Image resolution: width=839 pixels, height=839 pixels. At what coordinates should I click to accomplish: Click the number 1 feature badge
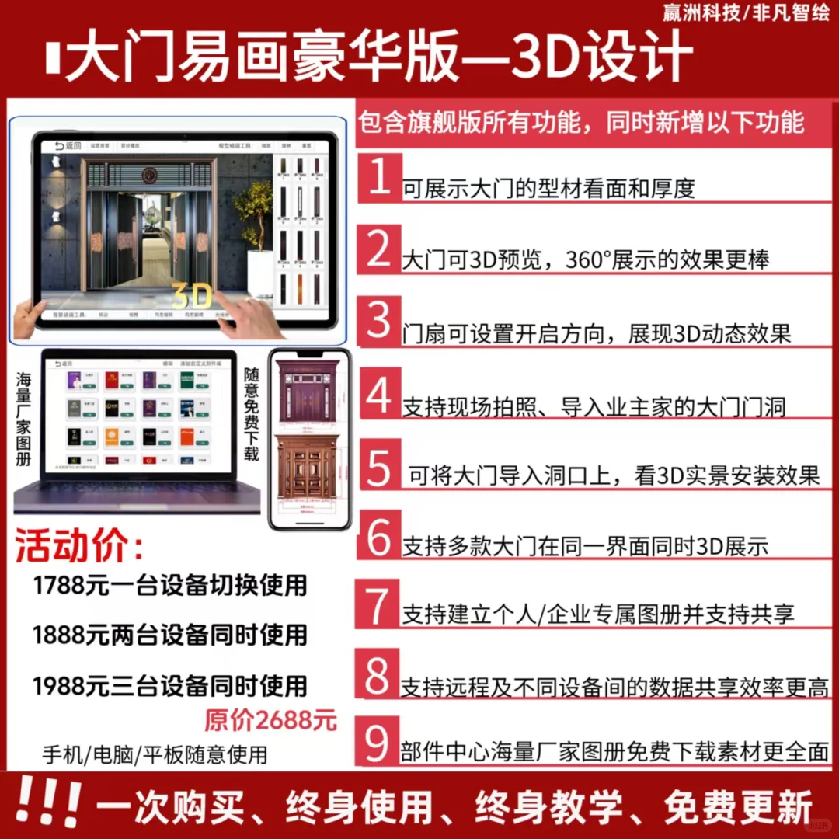(379, 179)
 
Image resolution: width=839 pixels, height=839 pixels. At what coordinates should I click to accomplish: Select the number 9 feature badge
(378, 743)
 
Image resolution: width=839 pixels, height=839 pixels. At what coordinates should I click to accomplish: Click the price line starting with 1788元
(170, 585)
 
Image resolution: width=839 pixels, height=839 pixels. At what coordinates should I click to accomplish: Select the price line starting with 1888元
(170, 635)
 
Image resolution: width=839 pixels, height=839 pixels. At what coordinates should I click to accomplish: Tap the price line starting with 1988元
(170, 686)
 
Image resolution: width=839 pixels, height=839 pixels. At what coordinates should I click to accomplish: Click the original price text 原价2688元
(271, 721)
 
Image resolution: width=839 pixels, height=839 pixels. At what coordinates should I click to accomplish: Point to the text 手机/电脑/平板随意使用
(155, 754)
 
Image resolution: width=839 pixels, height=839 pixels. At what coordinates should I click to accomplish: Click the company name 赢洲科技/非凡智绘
(746, 12)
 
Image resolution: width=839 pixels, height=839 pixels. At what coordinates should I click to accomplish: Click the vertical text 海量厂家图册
(23, 419)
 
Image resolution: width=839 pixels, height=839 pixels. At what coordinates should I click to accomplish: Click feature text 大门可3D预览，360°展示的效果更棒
(585, 259)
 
